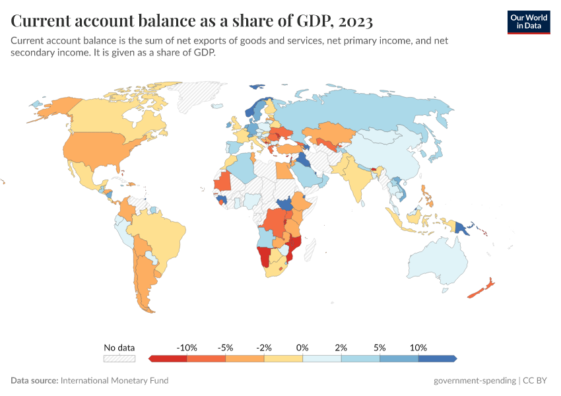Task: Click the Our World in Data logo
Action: (x=529, y=22)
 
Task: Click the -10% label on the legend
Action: (x=187, y=347)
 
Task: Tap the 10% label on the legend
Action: (x=418, y=347)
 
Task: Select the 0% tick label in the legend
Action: (x=303, y=347)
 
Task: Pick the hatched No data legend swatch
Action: (x=119, y=358)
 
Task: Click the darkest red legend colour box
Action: (x=168, y=358)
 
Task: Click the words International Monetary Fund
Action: (x=114, y=380)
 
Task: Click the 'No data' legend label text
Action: (x=119, y=347)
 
